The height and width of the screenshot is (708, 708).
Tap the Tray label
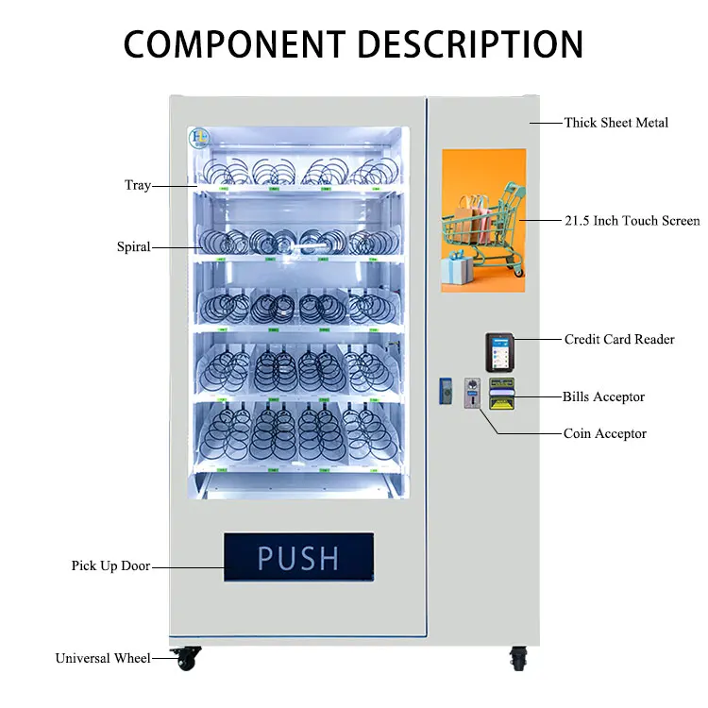point(138,186)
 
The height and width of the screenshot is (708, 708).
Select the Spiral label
point(133,247)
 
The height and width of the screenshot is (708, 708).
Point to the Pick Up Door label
point(110,566)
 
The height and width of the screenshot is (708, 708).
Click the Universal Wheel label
point(102,658)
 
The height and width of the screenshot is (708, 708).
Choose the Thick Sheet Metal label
point(615,123)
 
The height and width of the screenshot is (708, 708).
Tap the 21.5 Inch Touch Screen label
point(632,221)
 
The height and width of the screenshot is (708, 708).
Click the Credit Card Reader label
point(619,339)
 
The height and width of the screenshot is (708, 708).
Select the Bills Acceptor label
point(603,396)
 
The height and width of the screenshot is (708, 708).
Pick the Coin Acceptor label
point(605,433)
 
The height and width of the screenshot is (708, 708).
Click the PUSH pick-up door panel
point(298,557)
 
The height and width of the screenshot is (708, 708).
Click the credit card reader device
point(499,352)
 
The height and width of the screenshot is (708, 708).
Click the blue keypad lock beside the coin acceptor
point(445,391)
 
